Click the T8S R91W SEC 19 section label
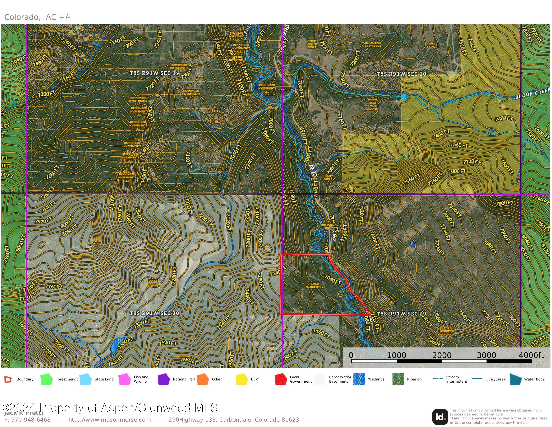[154, 73]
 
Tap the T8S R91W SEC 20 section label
[401, 74]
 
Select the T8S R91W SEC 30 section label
[154, 313]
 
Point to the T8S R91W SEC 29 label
[401, 314]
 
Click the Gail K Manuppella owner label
[315, 286]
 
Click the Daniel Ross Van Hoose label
[373, 104]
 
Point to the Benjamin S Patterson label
[373, 45]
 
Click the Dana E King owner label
[431, 45]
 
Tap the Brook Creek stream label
[532, 94]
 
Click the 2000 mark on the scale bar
[442, 355]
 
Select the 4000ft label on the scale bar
[531, 355]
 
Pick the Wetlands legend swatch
[359, 379]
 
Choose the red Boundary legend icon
[8, 379]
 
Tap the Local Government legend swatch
[281, 379]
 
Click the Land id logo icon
[440, 417]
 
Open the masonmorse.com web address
[109, 420]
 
